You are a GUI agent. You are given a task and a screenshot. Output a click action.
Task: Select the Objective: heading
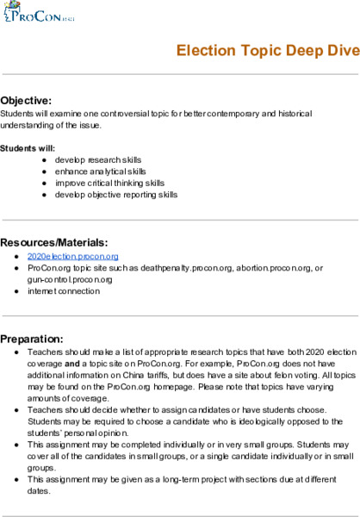pos(27,100)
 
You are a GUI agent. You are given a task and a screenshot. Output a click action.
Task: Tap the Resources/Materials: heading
pos(53,241)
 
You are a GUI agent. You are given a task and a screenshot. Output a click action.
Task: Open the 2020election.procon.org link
pos(72,257)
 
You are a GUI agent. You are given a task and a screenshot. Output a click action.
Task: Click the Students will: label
pos(28,148)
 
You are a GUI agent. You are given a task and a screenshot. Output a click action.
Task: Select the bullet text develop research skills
pos(98,160)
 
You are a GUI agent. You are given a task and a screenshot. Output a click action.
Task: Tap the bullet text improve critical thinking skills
pos(109,183)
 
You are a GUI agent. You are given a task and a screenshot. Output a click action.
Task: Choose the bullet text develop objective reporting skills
pos(116,195)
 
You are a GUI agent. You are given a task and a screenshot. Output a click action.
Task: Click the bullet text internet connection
pos(64,291)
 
